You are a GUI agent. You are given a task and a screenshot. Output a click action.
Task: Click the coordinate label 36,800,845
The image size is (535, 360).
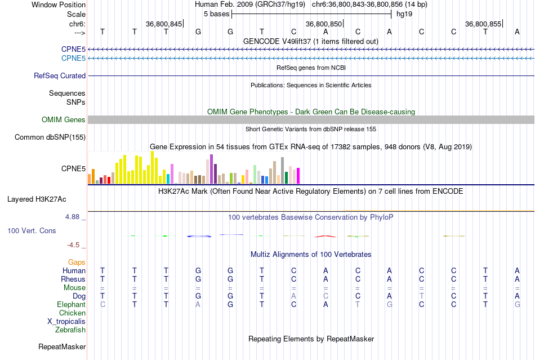[x=164, y=24]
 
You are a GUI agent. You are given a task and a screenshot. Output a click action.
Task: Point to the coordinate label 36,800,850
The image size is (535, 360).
[x=324, y=24]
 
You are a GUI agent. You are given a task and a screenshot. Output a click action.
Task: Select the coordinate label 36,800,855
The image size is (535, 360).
[x=483, y=24]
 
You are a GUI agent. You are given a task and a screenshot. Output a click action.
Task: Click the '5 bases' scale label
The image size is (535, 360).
[x=216, y=14]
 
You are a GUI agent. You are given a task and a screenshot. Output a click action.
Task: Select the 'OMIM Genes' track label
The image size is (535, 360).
[x=64, y=119]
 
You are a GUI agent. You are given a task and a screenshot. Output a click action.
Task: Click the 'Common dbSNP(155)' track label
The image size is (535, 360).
[x=50, y=137]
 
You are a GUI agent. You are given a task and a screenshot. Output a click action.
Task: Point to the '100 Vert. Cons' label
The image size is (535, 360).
[x=32, y=231]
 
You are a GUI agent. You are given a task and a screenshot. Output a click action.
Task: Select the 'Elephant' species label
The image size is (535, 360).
[x=72, y=304]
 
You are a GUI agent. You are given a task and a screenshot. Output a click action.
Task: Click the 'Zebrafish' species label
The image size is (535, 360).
[x=70, y=330]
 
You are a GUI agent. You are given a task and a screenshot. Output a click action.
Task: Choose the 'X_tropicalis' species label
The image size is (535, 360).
[x=66, y=321]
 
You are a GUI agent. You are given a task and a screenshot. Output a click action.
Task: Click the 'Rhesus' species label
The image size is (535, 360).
[x=74, y=279]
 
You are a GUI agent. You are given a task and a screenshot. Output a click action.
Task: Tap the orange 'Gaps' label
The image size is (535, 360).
[x=77, y=262]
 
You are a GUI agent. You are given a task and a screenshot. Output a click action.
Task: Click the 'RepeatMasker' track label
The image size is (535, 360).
[x=62, y=346]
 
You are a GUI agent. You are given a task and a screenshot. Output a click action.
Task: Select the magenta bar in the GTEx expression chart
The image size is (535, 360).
[x=298, y=176]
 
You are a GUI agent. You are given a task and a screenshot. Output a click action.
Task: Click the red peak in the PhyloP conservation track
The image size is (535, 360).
[x=324, y=235]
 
